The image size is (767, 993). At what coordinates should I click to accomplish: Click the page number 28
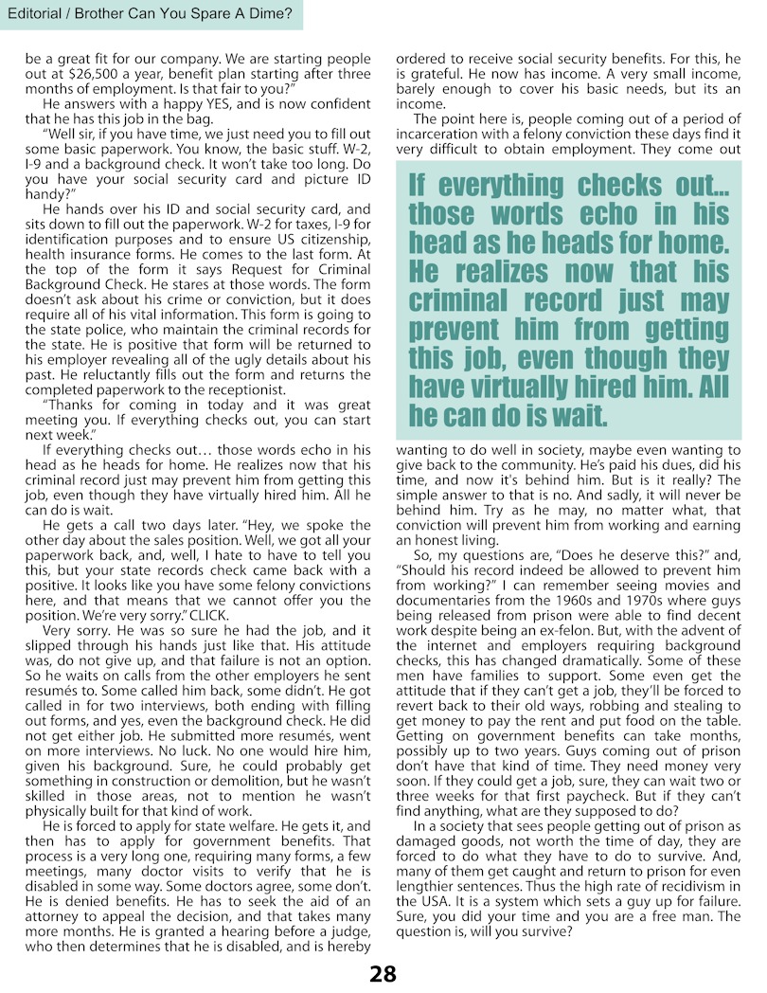tap(383, 973)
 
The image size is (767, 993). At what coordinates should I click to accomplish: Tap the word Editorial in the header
tap(38, 14)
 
